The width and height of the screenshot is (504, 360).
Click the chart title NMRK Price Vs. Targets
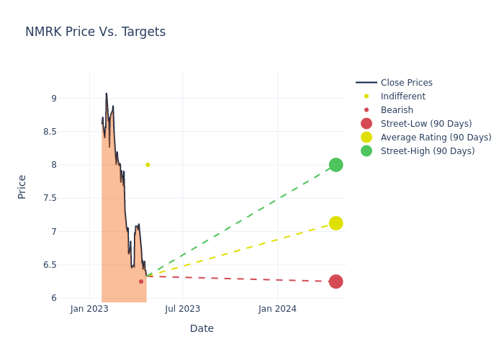coord(95,32)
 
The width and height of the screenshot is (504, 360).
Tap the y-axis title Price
coord(22,186)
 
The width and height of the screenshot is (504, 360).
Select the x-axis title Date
coord(202,328)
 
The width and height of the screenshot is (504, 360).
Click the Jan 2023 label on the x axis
coord(89,309)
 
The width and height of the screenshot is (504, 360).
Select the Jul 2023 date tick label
coord(183,309)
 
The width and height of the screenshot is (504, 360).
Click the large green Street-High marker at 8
coord(336,165)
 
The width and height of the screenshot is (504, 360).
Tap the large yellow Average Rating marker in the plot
coord(336,223)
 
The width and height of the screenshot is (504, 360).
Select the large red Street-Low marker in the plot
coord(336,282)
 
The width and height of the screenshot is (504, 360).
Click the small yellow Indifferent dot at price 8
coord(148,165)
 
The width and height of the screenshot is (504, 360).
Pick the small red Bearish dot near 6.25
coord(141,282)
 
